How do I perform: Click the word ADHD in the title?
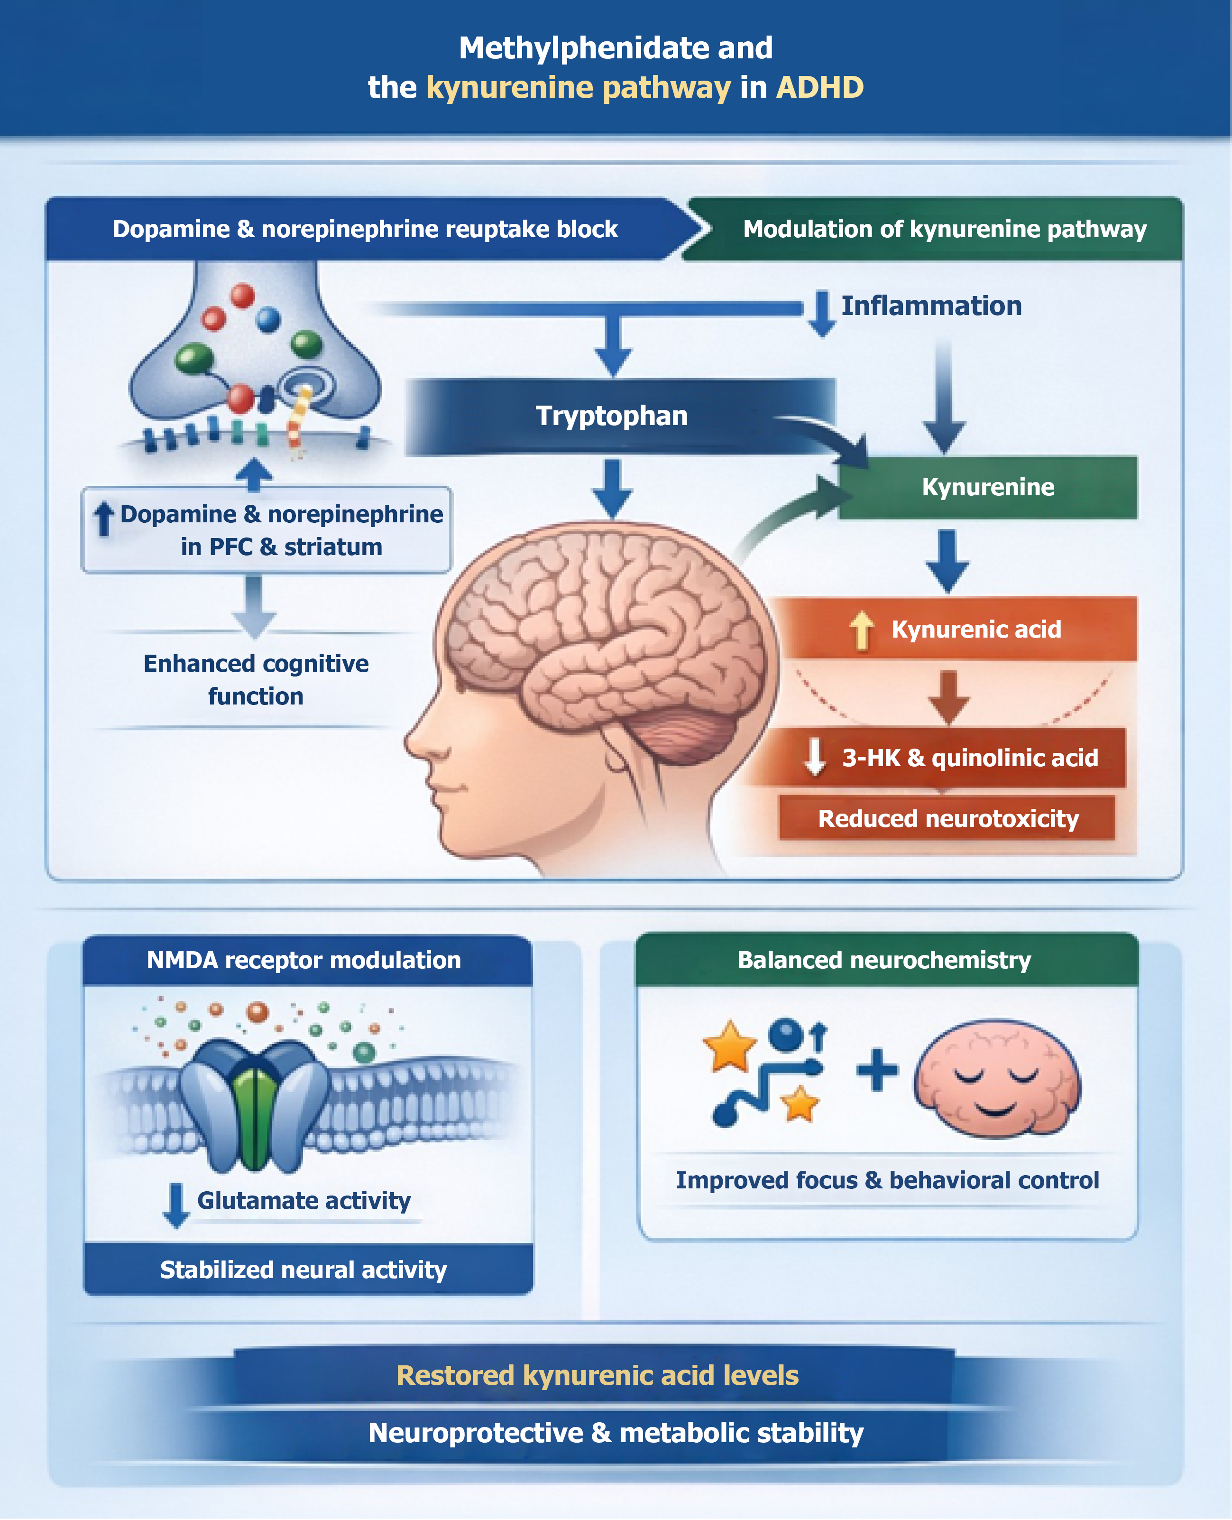(x=820, y=87)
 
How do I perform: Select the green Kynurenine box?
(x=987, y=487)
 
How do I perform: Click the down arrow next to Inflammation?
(x=821, y=312)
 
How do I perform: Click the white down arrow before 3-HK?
(x=815, y=756)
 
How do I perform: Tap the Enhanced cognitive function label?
(x=256, y=679)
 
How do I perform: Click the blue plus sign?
(x=877, y=1070)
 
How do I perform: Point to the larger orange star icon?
(x=729, y=1045)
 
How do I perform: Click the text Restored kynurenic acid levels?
(x=598, y=1375)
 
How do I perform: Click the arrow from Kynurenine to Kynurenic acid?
(x=947, y=561)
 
